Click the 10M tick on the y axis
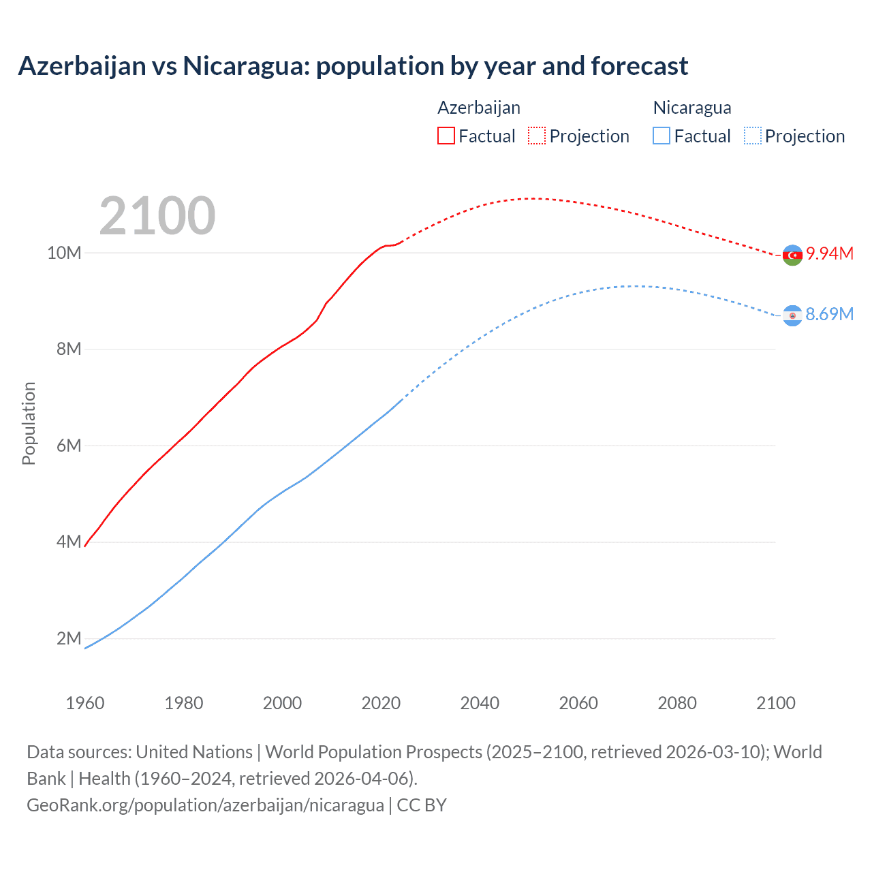click(64, 253)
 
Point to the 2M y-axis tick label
click(69, 638)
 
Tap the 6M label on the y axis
click(69, 446)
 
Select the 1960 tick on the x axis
click(85, 703)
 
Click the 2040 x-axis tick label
click(480, 703)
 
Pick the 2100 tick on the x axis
click(775, 703)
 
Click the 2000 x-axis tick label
click(282, 703)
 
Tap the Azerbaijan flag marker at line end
click(792, 255)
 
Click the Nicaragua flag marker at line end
click(792, 315)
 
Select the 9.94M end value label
click(829, 253)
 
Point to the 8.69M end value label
click(829, 314)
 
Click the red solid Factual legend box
click(446, 136)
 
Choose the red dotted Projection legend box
click(537, 136)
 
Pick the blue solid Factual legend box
click(661, 136)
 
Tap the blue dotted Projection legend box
click(753, 136)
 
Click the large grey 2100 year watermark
click(157, 216)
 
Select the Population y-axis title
click(29, 423)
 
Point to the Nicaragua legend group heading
click(692, 108)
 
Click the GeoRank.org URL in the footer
click(205, 805)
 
